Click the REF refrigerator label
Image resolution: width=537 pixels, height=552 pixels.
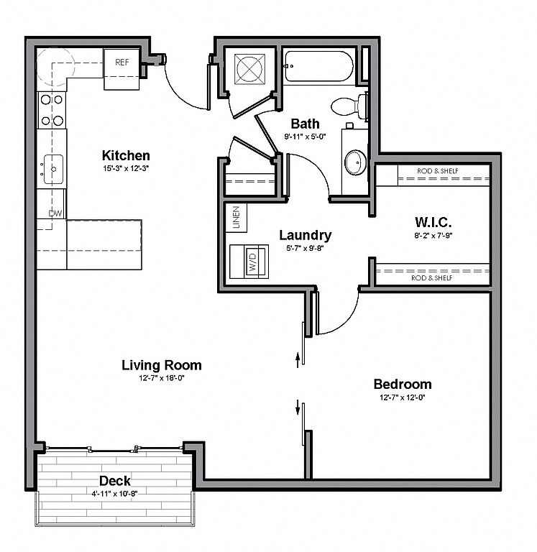pyautogui.click(x=121, y=63)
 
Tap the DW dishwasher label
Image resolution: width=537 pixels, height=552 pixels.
pyautogui.click(x=55, y=213)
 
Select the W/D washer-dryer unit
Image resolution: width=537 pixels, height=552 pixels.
pyautogui.click(x=249, y=262)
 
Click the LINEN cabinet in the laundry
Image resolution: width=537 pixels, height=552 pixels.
pyautogui.click(x=236, y=218)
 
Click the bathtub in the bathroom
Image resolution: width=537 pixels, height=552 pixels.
pyautogui.click(x=318, y=66)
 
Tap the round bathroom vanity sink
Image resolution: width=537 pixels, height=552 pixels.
pyautogui.click(x=355, y=162)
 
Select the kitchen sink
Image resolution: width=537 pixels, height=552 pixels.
pyautogui.click(x=53, y=170)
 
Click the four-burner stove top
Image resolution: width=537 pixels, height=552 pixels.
pyautogui.click(x=52, y=110)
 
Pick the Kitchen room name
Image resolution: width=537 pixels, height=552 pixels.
pyautogui.click(x=126, y=155)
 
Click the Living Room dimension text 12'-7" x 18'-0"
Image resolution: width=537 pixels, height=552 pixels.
pyautogui.click(x=162, y=379)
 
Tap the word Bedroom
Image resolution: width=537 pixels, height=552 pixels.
pyautogui.click(x=403, y=384)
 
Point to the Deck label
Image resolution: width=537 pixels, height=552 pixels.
pyautogui.click(x=115, y=481)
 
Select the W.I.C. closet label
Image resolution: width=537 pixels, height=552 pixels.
pyautogui.click(x=433, y=222)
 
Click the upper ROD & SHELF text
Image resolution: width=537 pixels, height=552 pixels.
pyautogui.click(x=438, y=171)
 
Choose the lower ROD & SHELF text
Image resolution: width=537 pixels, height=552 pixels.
pyautogui.click(x=432, y=278)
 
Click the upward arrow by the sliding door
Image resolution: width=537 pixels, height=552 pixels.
pyautogui.click(x=298, y=360)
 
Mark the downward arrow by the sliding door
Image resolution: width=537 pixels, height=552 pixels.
pyautogui.click(x=298, y=408)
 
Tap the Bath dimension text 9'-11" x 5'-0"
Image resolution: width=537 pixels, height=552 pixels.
pyautogui.click(x=306, y=137)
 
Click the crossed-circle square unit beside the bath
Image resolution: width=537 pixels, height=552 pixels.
pyautogui.click(x=249, y=69)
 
